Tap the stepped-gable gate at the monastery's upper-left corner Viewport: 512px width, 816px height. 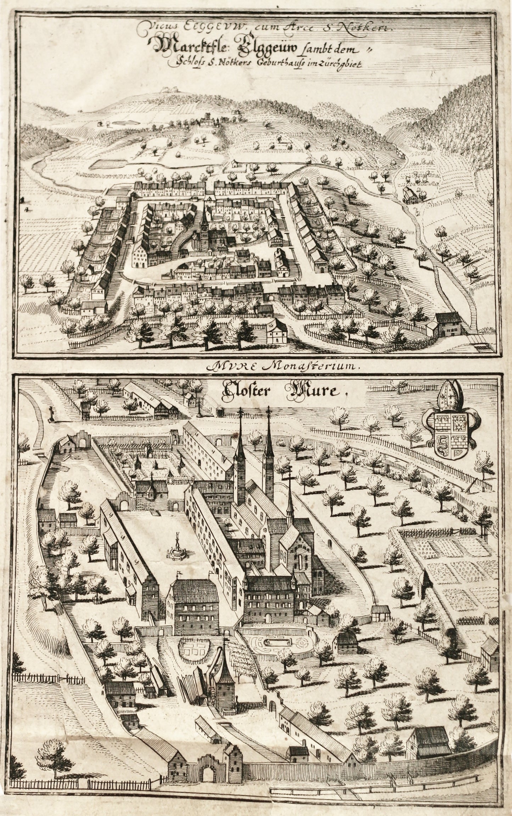(81, 438)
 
